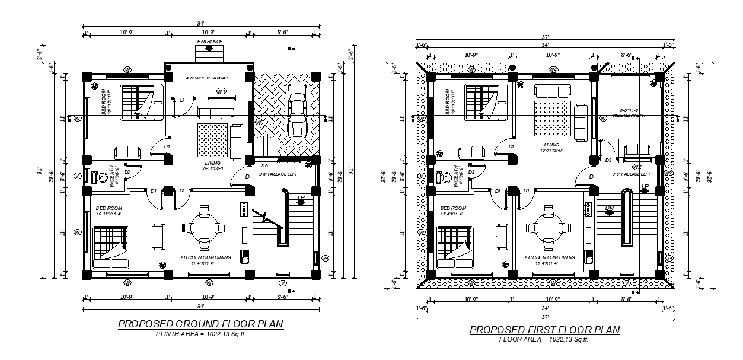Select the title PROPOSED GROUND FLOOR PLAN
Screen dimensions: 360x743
pos(200,324)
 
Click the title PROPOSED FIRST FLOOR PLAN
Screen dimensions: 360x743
pos(544,330)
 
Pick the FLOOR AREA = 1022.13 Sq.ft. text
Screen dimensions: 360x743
pos(544,339)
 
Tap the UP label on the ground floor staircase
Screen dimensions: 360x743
pos(301,197)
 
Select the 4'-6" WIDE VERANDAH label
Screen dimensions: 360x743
pos(207,78)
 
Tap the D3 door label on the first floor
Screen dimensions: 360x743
pos(609,160)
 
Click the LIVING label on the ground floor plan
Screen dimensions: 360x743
pos(213,163)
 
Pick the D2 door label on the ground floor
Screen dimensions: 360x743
pos(127,172)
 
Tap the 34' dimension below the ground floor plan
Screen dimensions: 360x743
pos(200,306)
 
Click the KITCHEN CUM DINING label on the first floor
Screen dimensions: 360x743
pos(550,257)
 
